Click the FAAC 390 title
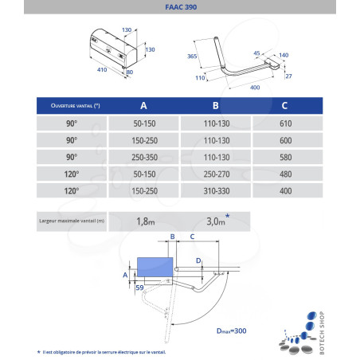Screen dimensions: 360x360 click(179, 8)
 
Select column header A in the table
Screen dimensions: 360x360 click(143, 105)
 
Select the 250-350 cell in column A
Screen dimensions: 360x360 click(143, 158)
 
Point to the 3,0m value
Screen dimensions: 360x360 click(215, 221)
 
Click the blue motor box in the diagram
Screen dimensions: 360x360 click(155, 266)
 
